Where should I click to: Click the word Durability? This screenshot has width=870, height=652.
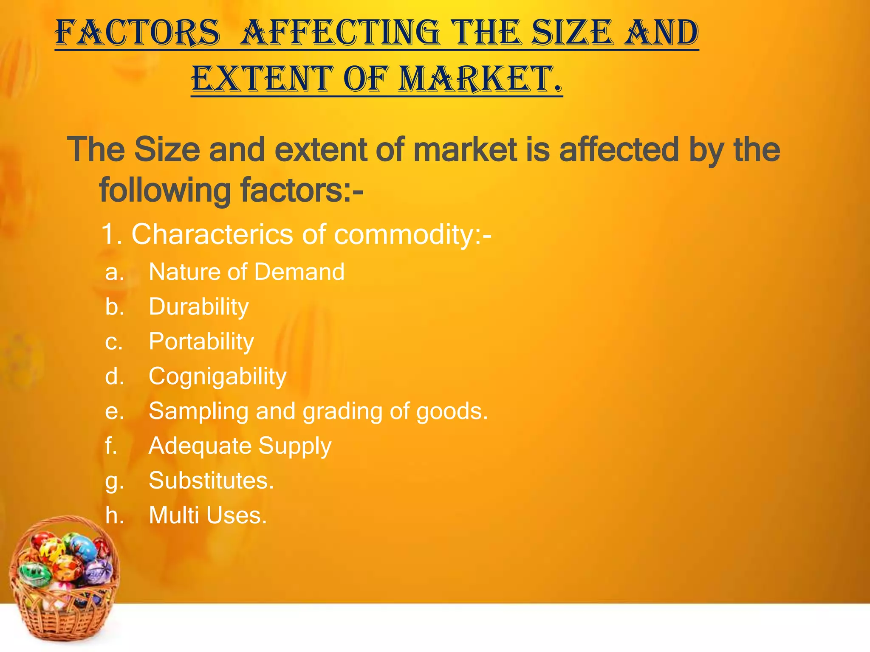[198, 306]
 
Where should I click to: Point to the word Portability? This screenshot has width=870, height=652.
[201, 341]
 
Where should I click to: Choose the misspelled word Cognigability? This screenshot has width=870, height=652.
[217, 376]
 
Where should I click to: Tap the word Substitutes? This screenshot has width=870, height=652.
[211, 481]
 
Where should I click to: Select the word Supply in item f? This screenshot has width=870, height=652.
[295, 446]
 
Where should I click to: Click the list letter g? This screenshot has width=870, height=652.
[114, 481]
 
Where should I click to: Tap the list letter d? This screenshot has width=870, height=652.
[114, 376]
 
